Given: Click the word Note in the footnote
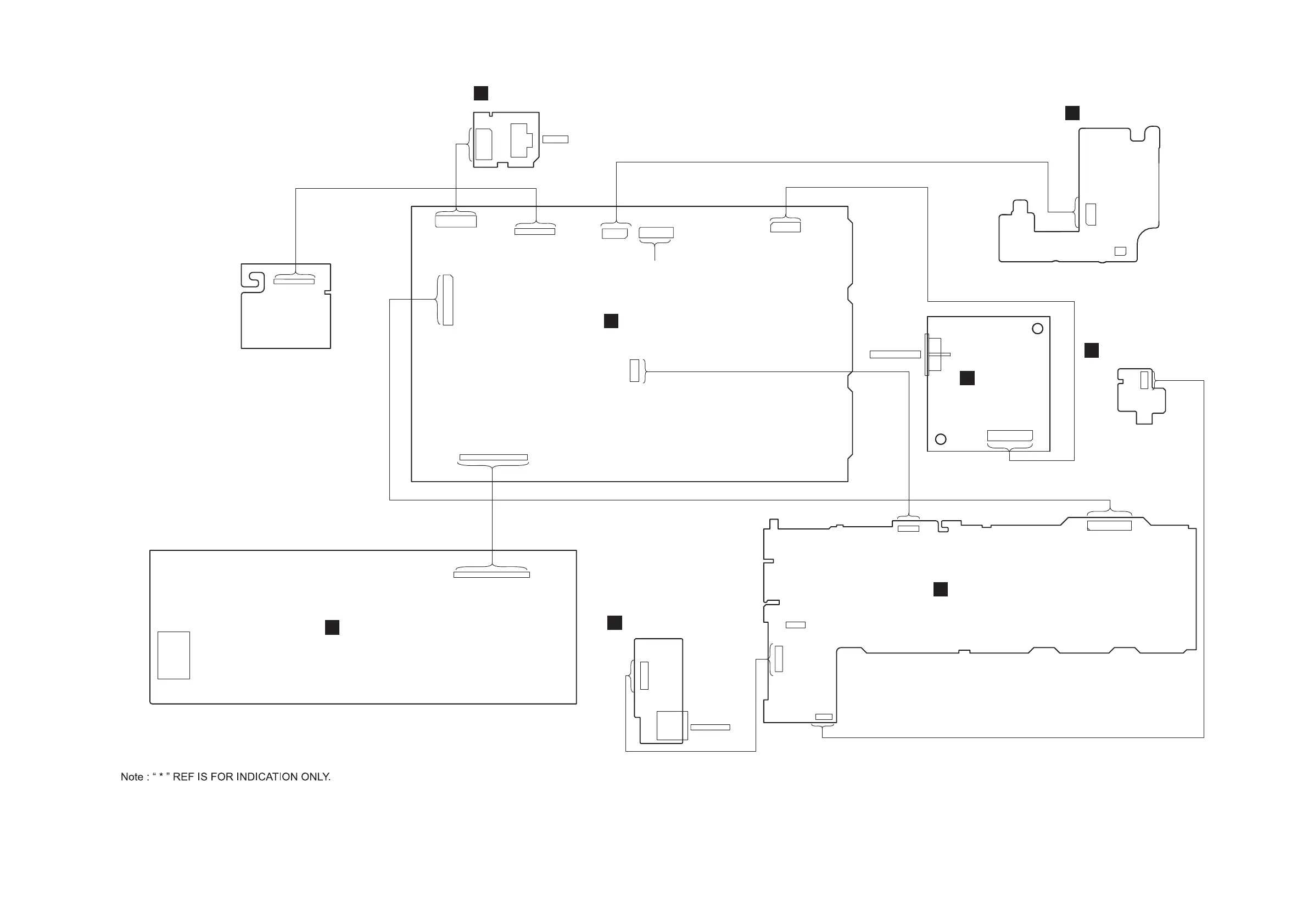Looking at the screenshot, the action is [132, 777].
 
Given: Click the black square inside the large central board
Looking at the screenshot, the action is [611, 321].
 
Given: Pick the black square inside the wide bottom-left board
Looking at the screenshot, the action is [332, 627].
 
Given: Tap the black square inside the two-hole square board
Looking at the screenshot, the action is [967, 378].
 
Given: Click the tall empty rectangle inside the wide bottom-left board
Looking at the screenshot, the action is [174, 655].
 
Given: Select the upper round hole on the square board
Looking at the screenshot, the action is [1037, 329].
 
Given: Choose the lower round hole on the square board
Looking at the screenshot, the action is [941, 439].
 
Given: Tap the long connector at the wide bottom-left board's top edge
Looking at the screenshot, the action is [491, 575].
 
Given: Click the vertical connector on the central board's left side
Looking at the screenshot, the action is [448, 300].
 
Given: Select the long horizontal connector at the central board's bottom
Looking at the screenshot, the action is [493, 457].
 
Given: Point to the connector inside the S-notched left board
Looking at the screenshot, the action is [294, 281].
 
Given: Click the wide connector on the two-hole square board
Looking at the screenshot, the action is [1009, 436].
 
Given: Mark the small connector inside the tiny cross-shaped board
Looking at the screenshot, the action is [1144, 380].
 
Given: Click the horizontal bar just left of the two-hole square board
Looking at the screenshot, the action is [895, 354].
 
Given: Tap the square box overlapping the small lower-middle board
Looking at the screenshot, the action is [672, 726].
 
